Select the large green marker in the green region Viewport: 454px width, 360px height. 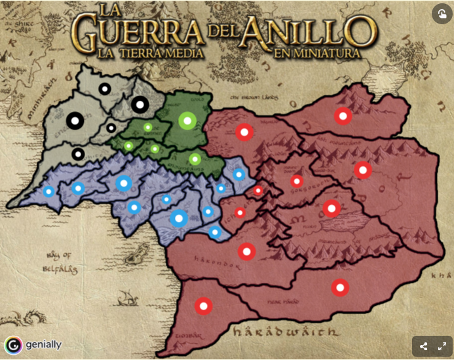(x=187, y=120)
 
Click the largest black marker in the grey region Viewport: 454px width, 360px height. (x=140, y=104)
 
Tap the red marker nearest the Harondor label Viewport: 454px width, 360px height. (x=246, y=251)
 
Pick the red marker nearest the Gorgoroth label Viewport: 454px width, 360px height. (x=297, y=181)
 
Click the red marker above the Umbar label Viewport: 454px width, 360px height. (x=203, y=306)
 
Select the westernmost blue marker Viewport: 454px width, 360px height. (x=48, y=192)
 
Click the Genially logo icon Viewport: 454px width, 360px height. (x=12, y=345)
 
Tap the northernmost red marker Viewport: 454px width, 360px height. (x=342, y=117)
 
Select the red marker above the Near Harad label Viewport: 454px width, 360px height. (x=339, y=287)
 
